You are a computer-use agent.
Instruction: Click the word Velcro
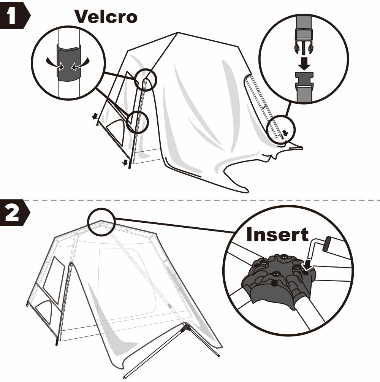pyautogui.click(x=105, y=16)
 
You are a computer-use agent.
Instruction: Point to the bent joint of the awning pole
pyautogui.click(x=185, y=326)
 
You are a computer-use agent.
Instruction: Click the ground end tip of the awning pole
pyautogui.click(x=125, y=378)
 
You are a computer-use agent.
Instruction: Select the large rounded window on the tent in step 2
pyautogui.click(x=125, y=284)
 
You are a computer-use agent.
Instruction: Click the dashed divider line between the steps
pyautogui.click(x=190, y=200)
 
